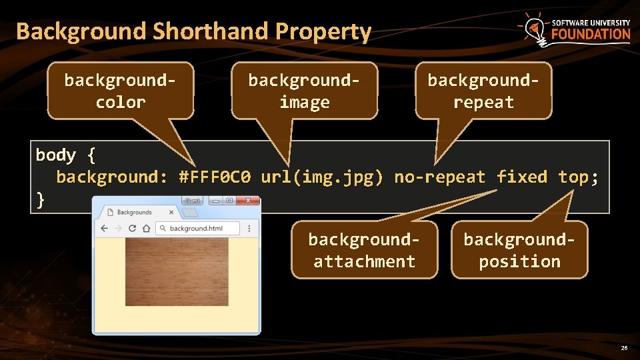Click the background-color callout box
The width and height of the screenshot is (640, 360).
point(120,91)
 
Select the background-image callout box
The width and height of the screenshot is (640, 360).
point(304,91)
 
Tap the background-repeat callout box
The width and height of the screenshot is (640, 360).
point(483,91)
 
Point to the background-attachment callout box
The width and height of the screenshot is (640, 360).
point(364,250)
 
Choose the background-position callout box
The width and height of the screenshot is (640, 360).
point(519,250)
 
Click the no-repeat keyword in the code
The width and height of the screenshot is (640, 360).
point(440,177)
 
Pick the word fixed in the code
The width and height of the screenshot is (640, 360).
point(522,177)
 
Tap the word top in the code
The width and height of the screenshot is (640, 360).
point(573,177)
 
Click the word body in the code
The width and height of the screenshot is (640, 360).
point(56,155)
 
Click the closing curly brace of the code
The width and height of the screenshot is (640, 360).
point(41,199)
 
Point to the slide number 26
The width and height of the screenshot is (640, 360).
point(624,348)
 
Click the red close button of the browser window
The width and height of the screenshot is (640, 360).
point(250,200)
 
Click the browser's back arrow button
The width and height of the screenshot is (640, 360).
point(104,229)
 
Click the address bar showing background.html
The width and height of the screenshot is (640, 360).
point(198,229)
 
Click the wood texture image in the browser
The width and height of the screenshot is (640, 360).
point(176,273)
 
